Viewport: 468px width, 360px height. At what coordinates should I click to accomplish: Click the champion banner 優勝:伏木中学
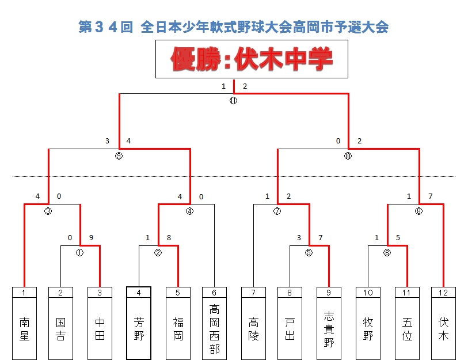[252, 59]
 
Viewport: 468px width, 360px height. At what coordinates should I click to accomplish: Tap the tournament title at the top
[234, 26]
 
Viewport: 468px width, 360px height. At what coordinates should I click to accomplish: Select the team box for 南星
[24, 328]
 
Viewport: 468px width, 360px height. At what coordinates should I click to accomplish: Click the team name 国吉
[61, 328]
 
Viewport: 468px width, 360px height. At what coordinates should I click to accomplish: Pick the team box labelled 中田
[100, 328]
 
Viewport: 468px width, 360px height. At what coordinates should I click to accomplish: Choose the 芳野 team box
[139, 328]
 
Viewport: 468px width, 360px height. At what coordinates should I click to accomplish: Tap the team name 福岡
[178, 328]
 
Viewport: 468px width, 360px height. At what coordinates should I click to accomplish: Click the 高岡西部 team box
[214, 328]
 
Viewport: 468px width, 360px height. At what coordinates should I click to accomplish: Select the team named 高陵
[253, 328]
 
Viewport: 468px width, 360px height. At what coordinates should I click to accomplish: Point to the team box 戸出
[290, 328]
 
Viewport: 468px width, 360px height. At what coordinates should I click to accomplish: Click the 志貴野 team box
[329, 328]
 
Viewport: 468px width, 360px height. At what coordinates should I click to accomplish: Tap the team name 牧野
[368, 328]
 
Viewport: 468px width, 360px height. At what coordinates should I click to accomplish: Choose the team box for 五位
[407, 328]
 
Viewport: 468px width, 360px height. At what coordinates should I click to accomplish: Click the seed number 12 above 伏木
[443, 293]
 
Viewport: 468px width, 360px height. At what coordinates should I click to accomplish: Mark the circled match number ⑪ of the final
[233, 101]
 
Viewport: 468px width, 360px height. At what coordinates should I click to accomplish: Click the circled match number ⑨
[119, 156]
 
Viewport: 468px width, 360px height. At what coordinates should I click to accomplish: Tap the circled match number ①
[80, 252]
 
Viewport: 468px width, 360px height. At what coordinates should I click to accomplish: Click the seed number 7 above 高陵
[253, 293]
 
